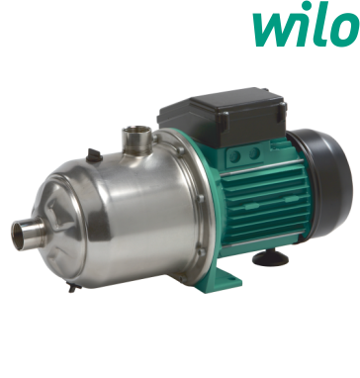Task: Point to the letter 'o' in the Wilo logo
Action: click(344, 31)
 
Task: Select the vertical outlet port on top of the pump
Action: click(136, 140)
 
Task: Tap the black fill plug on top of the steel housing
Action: click(94, 155)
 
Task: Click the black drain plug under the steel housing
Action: click(73, 286)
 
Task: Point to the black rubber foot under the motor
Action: click(270, 257)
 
